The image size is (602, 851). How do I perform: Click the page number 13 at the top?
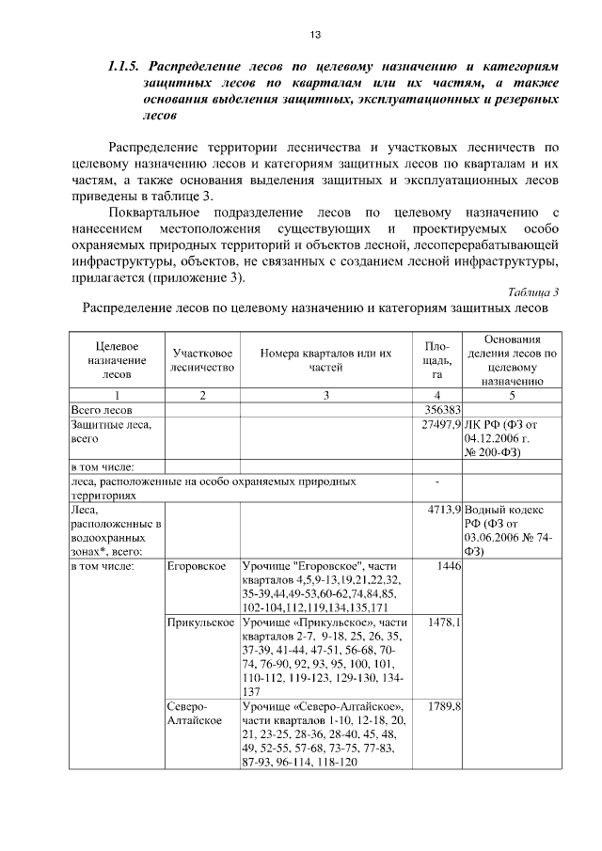coord(315,35)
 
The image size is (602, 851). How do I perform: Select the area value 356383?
coord(441,411)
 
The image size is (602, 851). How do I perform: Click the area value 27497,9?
coord(438,426)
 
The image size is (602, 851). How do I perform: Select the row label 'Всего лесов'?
coord(103,411)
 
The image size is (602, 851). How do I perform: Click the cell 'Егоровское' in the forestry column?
coord(196,567)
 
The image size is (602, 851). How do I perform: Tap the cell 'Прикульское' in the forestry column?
coord(200,623)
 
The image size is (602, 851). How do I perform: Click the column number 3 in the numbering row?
coord(325,396)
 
